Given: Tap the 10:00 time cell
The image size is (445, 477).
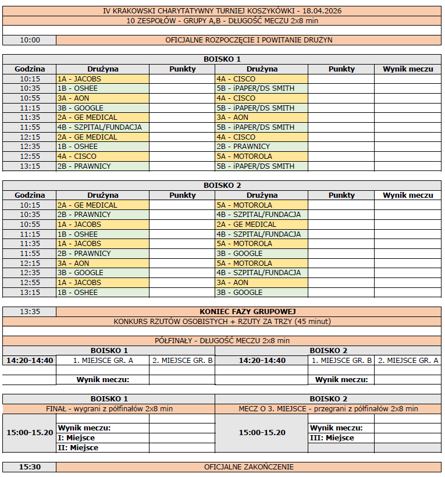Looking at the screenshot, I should tap(30, 40).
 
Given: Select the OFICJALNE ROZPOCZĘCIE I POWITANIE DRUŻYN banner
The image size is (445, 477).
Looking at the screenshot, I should tap(249, 40).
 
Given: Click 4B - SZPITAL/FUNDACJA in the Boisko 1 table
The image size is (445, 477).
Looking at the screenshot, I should tap(99, 127).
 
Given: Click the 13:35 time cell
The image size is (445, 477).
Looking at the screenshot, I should tap(30, 312).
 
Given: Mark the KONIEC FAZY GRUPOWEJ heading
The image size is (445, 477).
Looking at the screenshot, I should tap(249, 312).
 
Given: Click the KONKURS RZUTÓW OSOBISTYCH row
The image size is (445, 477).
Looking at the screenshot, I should tap(222, 322).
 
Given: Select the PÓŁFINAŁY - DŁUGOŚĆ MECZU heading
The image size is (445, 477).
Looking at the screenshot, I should tap(222, 341).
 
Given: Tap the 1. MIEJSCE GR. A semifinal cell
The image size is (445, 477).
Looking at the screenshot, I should tap(103, 361).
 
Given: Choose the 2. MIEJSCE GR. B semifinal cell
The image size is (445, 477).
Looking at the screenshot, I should tap(182, 361).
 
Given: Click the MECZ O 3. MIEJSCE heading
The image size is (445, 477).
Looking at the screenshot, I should tap(328, 409).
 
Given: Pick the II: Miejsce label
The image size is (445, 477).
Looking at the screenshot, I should tap(79, 448).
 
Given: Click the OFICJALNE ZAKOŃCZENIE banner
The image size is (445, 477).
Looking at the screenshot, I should tap(249, 467).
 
